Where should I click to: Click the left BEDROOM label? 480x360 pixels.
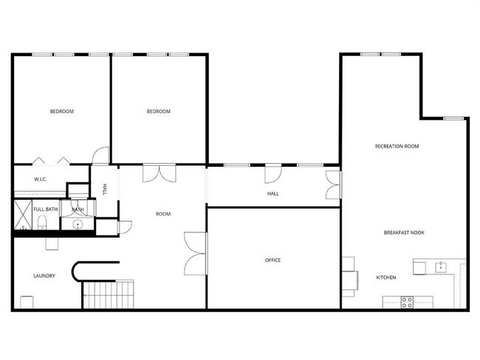coord(61,111)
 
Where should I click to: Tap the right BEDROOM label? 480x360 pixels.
coord(158,111)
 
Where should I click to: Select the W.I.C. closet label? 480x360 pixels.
coord(41,180)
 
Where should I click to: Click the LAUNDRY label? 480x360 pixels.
coord(44,276)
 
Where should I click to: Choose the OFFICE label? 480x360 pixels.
coord(272,260)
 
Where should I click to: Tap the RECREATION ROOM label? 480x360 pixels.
coord(397,146)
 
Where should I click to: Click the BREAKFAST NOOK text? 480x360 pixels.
coord(403,232)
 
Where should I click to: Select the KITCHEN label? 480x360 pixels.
coord(386,277)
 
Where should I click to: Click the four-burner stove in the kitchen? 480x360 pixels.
coord(406,301)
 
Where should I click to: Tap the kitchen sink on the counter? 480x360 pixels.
coord(442,266)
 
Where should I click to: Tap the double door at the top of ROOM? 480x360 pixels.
coord(160,172)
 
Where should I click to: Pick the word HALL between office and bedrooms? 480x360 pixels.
coord(272,194)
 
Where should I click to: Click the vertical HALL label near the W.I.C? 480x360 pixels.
coord(105,190)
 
